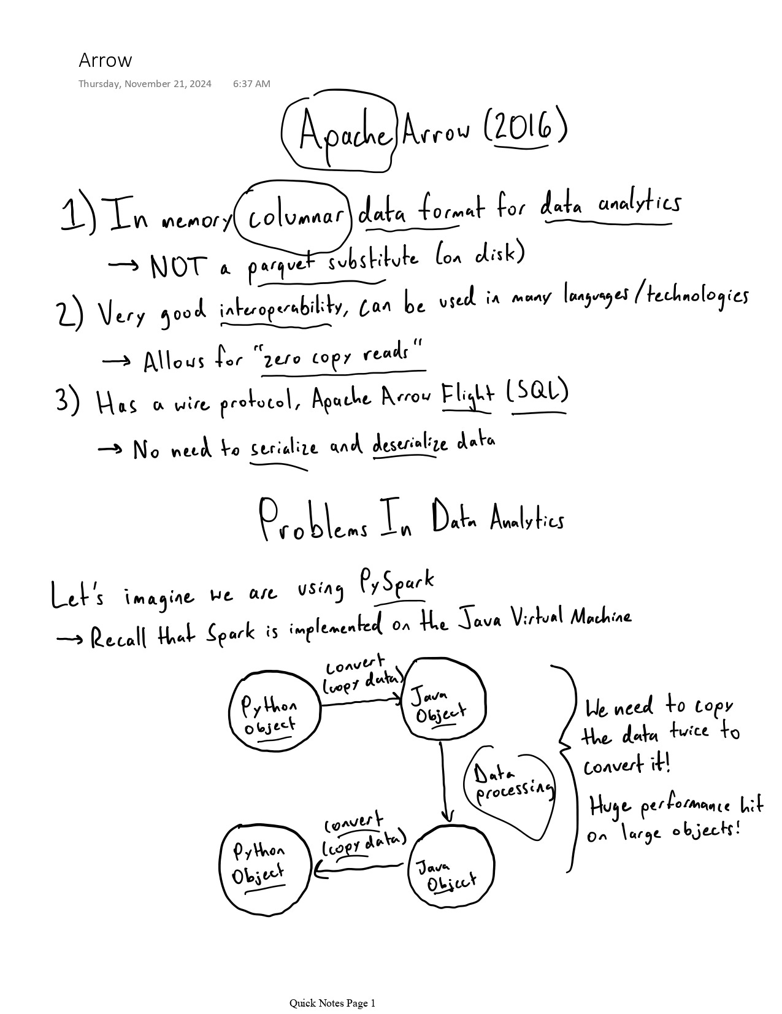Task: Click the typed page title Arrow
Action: pos(105,60)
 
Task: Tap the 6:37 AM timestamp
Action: pos(251,84)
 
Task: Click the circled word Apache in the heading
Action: pos(344,133)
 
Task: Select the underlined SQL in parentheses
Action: pos(538,392)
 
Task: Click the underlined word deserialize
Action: pos(410,444)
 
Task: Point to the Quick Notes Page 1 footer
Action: pos(332,1004)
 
